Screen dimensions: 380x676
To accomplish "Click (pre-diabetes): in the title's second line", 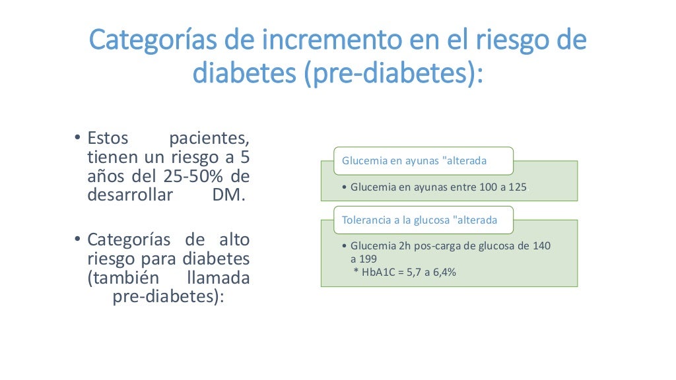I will pyautogui.click(x=392, y=74).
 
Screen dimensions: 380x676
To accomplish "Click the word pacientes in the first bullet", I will pyautogui.click(x=209, y=140).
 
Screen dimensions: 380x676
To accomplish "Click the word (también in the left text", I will pyautogui.click(x=121, y=278).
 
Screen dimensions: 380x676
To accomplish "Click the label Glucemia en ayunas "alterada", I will pyautogui.click(x=414, y=161).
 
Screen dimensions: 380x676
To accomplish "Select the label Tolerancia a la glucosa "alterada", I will pyautogui.click(x=419, y=220).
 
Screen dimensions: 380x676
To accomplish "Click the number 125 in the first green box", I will pyautogui.click(x=518, y=187).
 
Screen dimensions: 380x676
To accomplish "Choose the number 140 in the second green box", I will pyautogui.click(x=541, y=246).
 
